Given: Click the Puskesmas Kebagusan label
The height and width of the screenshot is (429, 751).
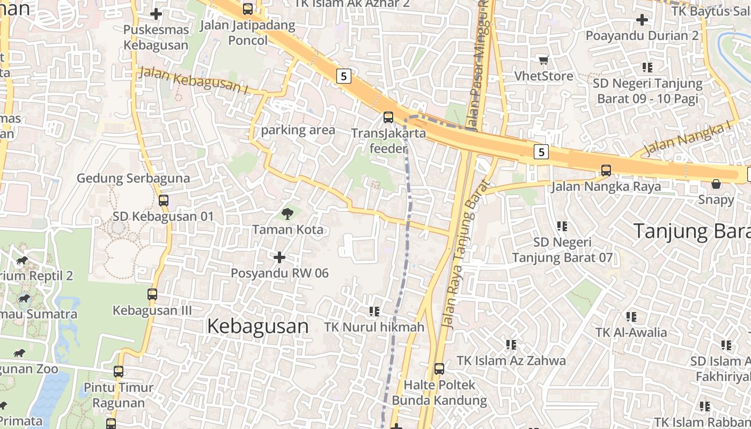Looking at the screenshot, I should [156, 37].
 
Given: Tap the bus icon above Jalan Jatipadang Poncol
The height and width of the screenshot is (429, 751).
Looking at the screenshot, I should [247, 9].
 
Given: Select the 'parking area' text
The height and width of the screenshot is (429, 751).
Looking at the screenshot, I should [298, 130].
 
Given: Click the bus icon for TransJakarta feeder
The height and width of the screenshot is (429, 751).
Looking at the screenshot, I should [388, 117].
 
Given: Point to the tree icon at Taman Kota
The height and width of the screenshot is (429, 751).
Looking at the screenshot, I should [288, 214].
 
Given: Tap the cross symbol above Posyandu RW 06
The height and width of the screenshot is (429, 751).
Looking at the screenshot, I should [279, 257].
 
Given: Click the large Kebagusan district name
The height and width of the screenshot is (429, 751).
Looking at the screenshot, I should [257, 326].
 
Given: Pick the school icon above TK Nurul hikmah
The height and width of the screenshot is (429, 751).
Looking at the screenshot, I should [374, 311].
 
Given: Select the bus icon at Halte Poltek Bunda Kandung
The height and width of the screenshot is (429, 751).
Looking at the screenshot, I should [439, 369].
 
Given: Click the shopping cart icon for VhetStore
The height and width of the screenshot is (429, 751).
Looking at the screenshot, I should [544, 60].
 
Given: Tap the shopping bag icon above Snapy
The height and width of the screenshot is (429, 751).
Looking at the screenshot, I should [716, 184].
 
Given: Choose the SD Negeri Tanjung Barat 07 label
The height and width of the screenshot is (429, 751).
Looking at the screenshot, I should [562, 250].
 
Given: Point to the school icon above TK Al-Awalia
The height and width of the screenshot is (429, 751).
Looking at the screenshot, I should [631, 317].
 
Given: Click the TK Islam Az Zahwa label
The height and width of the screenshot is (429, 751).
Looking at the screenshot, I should [511, 360].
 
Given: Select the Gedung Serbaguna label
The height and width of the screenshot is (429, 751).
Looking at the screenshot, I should [133, 178].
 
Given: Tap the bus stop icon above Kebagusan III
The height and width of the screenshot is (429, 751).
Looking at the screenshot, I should [152, 294].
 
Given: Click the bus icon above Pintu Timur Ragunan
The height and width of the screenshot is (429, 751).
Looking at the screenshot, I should [119, 371].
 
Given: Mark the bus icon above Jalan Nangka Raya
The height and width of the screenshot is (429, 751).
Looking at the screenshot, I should [606, 171].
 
